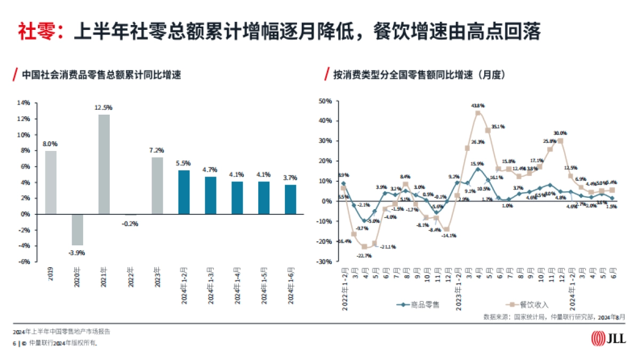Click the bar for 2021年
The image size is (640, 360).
pyautogui.click(x=104, y=164)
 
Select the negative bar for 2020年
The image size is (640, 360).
pyautogui.click(x=77, y=229)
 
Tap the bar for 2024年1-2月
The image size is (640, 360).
pyautogui.click(x=183, y=192)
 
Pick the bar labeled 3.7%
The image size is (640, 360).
pyautogui.click(x=290, y=199)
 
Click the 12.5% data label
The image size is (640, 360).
pyautogui.click(x=104, y=107)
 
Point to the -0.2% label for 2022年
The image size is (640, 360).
pyautogui.click(x=130, y=223)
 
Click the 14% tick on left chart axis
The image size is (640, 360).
pyautogui.click(x=24, y=103)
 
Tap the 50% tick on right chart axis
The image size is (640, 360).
pyautogui.click(x=325, y=101)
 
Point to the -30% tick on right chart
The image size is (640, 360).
pyautogui.click(x=324, y=261)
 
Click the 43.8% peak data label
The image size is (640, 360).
pyautogui.click(x=478, y=106)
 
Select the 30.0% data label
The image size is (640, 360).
pyautogui.click(x=560, y=133)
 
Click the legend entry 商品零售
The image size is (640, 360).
pyautogui.click(x=419, y=305)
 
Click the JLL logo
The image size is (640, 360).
pyautogui.click(x=609, y=338)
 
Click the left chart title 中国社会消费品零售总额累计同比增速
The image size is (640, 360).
pyautogui.click(x=101, y=75)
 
